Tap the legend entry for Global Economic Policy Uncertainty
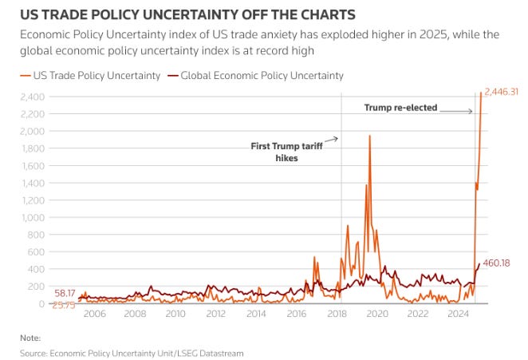257,75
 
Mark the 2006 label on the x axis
94,314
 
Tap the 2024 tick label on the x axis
459,314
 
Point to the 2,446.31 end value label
502,92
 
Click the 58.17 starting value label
64,294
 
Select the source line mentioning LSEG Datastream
132,352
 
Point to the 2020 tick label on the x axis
378,314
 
